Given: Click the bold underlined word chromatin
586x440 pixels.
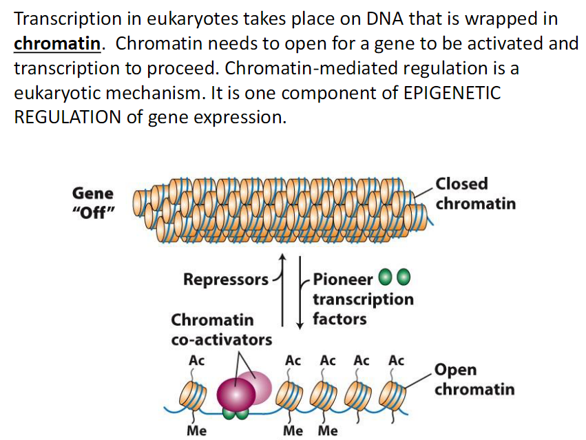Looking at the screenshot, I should [x=58, y=44].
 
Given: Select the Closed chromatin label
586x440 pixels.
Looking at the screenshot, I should [x=474, y=193].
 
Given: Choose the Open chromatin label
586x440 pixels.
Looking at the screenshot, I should [x=474, y=379].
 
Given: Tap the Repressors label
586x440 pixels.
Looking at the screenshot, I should [x=226, y=280].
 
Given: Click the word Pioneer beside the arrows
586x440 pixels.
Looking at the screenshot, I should [x=342, y=280].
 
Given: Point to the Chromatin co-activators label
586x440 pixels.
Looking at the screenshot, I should [x=220, y=330].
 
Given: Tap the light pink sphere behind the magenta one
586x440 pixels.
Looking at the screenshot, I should [x=259, y=386].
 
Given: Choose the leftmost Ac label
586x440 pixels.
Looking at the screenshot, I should [x=196, y=361].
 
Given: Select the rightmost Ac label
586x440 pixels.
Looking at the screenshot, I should [x=396, y=361].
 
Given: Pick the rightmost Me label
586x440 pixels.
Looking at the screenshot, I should [x=328, y=431].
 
